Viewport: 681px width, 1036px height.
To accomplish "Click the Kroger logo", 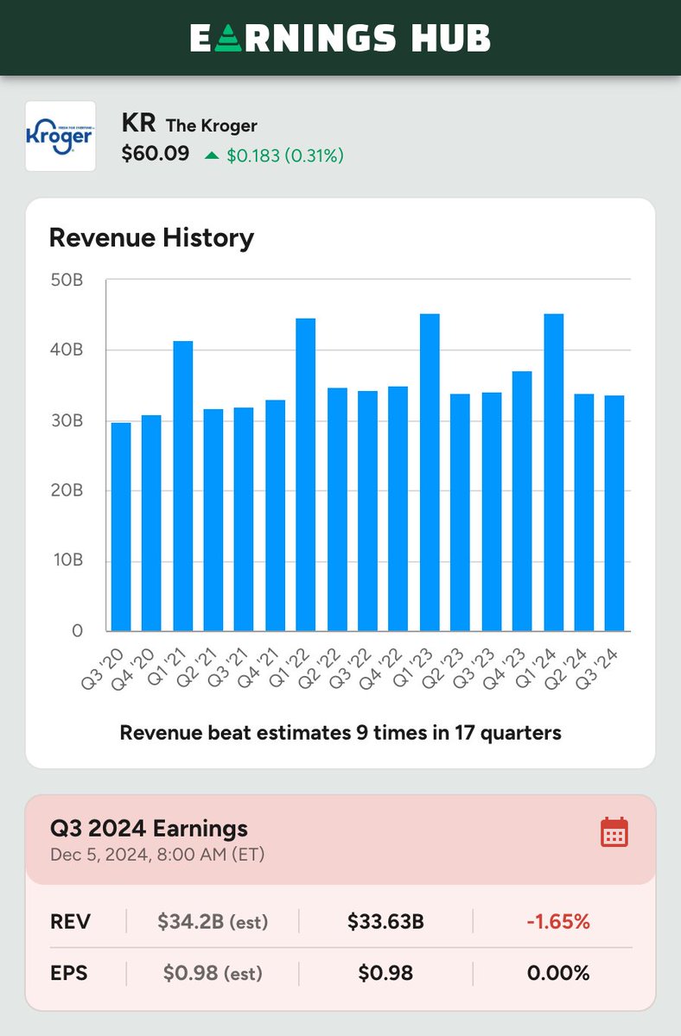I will pos(60,136).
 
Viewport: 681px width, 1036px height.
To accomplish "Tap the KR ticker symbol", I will pos(138,124).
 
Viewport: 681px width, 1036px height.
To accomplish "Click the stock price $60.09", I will pos(156,155).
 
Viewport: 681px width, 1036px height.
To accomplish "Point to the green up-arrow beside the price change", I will pos(212,156).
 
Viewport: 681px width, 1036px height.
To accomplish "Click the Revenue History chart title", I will pos(151,237).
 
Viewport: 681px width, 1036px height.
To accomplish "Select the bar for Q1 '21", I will pos(182,485).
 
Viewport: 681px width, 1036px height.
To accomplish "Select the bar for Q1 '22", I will pos(305,474).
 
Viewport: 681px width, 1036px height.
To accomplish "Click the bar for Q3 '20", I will pos(121,527).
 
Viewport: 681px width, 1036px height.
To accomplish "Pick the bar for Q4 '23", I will pos(522,501).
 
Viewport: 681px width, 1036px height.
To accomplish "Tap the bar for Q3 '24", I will pos(614,513).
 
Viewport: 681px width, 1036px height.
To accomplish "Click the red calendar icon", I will pos(614,832).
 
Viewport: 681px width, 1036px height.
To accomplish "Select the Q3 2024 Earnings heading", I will pos(150,829).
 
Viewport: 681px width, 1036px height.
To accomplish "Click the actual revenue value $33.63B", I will pos(385,922).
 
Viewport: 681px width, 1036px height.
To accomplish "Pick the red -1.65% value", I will pos(558,922).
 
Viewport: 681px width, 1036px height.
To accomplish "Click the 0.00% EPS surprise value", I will pos(558,974).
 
